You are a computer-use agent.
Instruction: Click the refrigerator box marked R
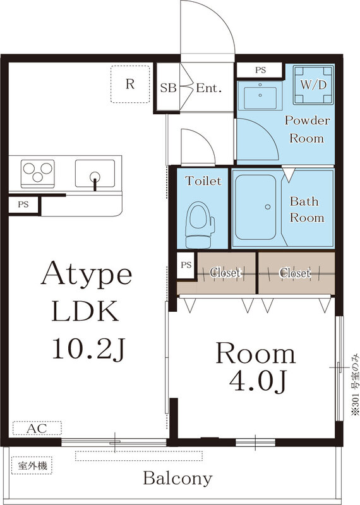(x=129, y=84)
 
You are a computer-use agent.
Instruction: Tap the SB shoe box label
(x=167, y=88)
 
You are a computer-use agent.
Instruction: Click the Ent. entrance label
(x=208, y=88)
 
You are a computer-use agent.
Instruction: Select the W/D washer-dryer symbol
(x=313, y=84)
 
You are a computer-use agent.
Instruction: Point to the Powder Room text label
(x=307, y=129)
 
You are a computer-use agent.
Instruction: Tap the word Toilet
(x=203, y=181)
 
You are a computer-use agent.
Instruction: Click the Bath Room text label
(x=307, y=210)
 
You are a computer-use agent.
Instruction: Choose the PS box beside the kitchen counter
(x=23, y=205)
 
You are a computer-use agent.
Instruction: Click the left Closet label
(x=225, y=273)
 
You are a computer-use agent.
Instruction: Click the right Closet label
(x=295, y=273)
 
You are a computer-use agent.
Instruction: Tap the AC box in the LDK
(x=36, y=429)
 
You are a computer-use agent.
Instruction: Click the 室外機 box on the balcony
(x=32, y=466)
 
